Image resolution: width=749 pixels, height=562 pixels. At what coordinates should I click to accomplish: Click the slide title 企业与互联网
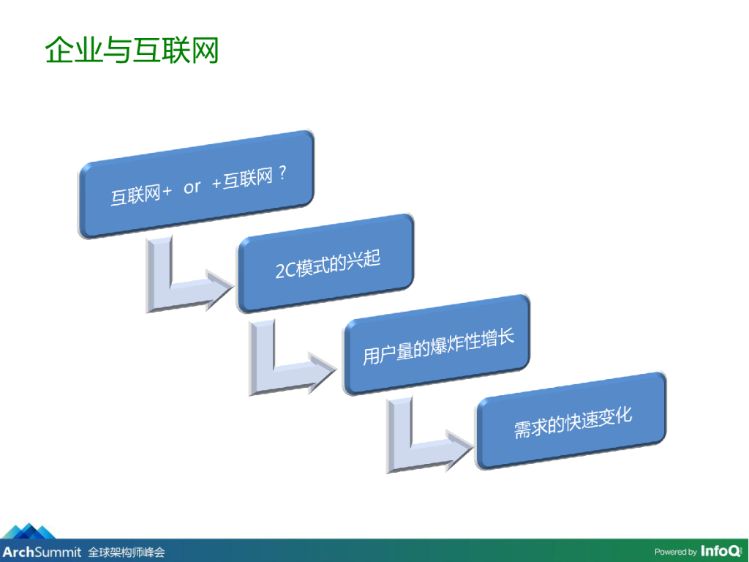[x=132, y=50]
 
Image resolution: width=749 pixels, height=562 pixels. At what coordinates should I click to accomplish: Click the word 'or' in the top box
[x=192, y=187]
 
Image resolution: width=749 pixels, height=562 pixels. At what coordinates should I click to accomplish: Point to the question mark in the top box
[x=282, y=176]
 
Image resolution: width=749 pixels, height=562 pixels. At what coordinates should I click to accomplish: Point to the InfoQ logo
[x=720, y=551]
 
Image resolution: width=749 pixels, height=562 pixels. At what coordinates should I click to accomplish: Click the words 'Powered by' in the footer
[x=675, y=552]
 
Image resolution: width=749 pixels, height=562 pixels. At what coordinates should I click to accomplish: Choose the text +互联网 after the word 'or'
[x=241, y=180]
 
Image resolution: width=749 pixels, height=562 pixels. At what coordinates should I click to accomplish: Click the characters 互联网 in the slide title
[x=175, y=50]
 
